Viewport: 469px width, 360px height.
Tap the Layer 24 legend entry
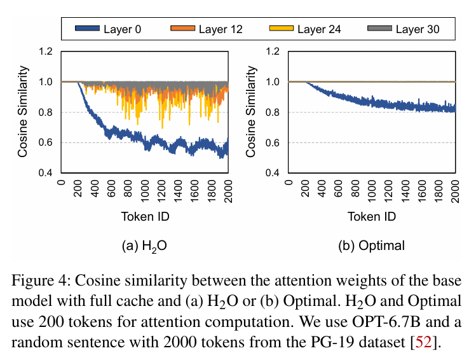pos(304,29)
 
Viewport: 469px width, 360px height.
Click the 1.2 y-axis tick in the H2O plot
pos(46,52)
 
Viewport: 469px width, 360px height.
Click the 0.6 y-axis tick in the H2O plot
pos(46,143)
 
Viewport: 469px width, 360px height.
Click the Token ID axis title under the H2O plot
pos(145,216)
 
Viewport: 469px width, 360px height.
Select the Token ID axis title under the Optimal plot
pos(372,216)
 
